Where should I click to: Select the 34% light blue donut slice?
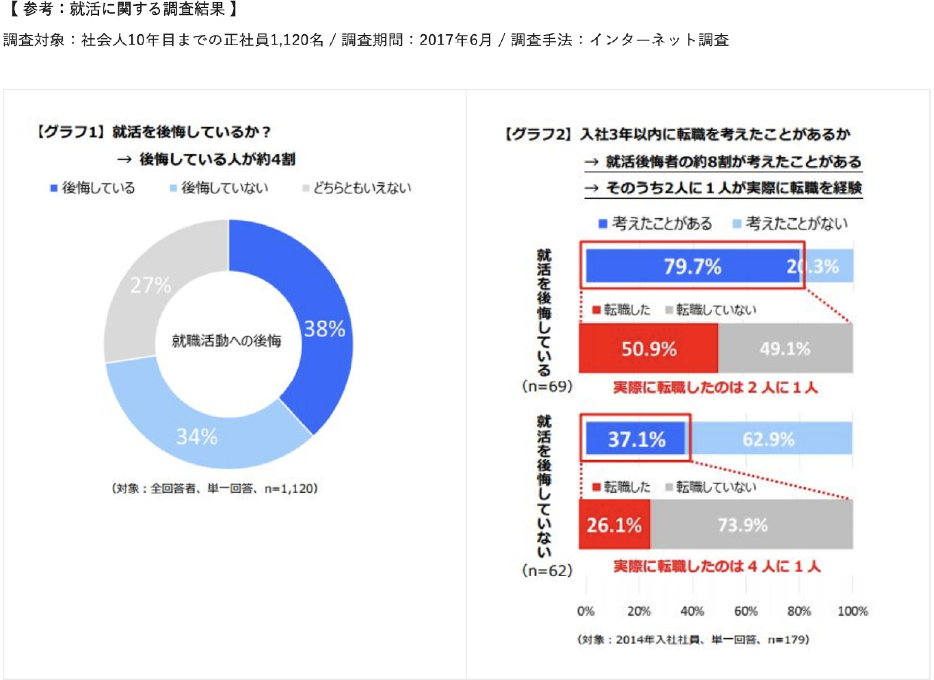click(x=198, y=434)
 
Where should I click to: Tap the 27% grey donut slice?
click(x=147, y=287)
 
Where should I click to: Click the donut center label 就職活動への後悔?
click(x=226, y=340)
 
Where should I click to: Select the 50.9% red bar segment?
click(x=648, y=349)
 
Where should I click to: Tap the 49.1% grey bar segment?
click(x=785, y=349)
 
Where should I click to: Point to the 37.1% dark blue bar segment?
click(x=636, y=439)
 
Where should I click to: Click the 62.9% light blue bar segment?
click(x=769, y=439)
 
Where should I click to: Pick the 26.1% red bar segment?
click(x=614, y=525)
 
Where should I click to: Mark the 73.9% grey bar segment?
click(x=750, y=525)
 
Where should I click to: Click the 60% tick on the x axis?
click(x=745, y=611)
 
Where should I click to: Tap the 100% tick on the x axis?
click(x=852, y=611)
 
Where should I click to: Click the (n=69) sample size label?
click(x=547, y=386)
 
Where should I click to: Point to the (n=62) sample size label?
click(x=547, y=571)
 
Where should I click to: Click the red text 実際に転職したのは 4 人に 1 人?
click(x=716, y=567)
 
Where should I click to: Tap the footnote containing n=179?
click(x=693, y=640)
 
